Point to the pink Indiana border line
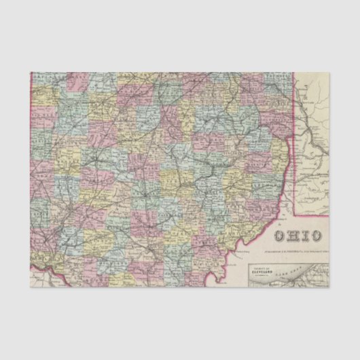coord(32,170)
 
